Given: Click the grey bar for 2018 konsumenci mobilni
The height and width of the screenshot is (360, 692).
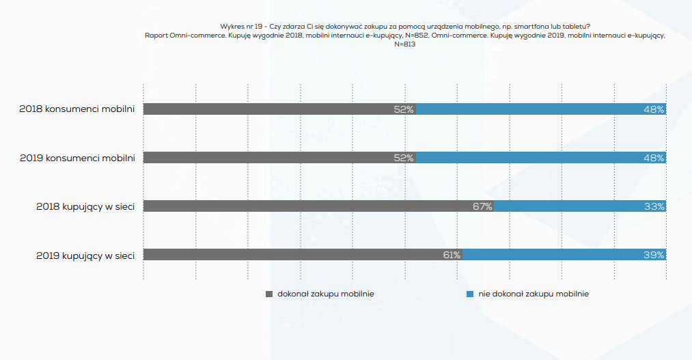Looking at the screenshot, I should (273, 109).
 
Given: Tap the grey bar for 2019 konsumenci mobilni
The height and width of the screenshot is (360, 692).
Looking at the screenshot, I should (273, 158).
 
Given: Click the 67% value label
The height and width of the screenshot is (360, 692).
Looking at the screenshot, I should (482, 206).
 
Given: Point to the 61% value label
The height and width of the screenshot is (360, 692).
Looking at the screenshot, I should (452, 255).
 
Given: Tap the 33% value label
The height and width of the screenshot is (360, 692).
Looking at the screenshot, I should (654, 206).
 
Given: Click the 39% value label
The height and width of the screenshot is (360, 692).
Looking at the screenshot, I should (654, 255).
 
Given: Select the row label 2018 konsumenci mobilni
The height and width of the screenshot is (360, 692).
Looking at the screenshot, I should (77, 109).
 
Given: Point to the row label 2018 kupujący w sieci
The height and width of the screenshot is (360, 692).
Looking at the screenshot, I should (85, 206).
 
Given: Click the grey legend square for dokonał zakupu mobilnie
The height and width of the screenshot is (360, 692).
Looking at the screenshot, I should (269, 294).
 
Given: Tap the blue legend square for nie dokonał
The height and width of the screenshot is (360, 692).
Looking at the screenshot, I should (470, 294).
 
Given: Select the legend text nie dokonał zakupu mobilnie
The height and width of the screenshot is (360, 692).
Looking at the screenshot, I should (534, 294).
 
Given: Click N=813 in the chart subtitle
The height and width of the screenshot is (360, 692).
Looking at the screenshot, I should (404, 44).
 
